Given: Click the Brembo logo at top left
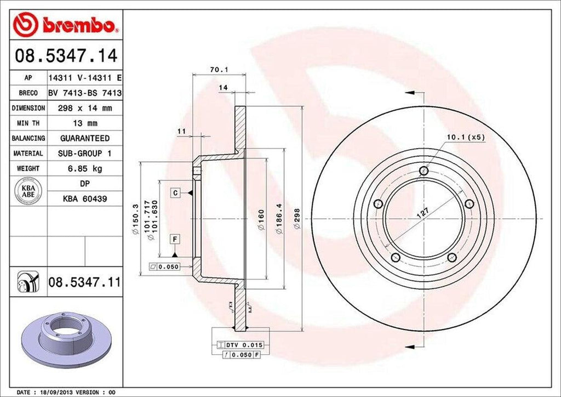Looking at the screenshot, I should click(x=66, y=24).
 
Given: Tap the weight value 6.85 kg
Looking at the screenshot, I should click(x=84, y=168).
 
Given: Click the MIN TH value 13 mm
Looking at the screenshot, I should click(x=84, y=123).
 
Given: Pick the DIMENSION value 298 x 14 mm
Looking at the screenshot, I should click(x=84, y=109).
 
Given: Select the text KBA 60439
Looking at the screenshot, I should click(x=84, y=198).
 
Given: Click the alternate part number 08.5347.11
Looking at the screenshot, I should click(x=84, y=283).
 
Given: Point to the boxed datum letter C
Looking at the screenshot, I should click(x=175, y=193).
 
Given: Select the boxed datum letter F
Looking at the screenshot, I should click(x=175, y=239).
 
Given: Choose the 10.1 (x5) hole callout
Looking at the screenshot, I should click(x=466, y=137).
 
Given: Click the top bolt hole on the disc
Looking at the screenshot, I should click(x=423, y=171).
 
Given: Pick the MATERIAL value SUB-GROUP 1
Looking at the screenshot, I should click(x=84, y=154).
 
